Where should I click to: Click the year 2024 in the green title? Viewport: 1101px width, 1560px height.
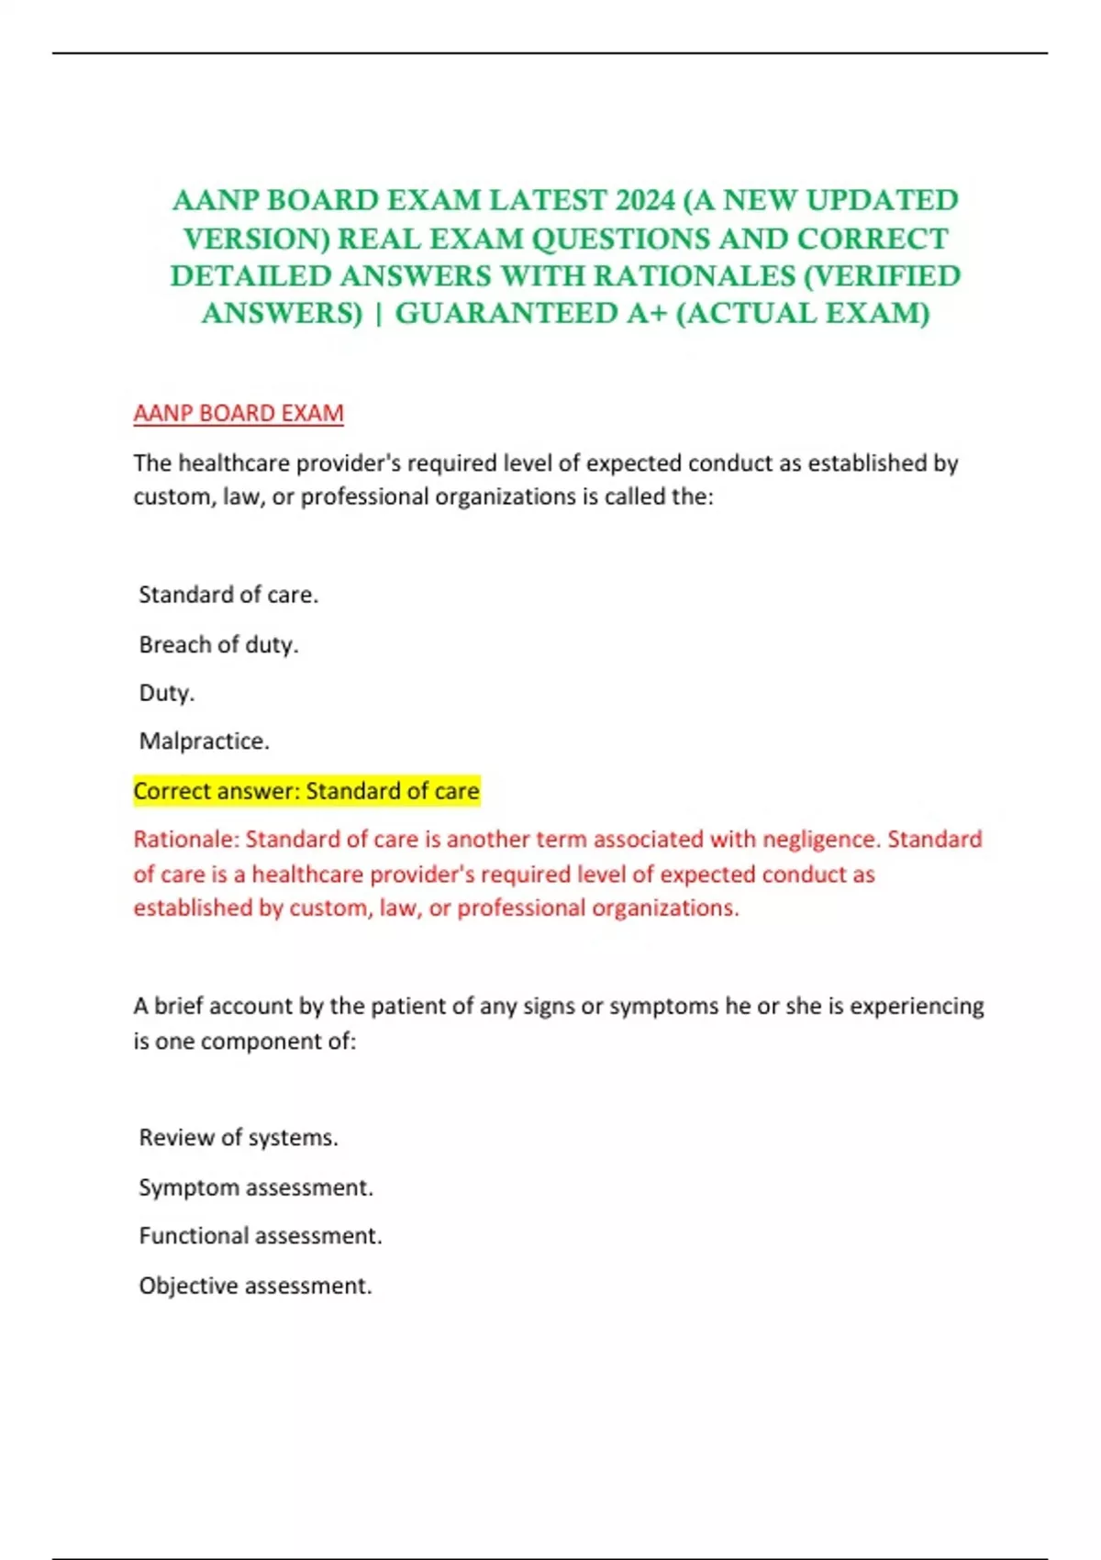click(645, 200)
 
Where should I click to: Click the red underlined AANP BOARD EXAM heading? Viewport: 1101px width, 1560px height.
click(239, 414)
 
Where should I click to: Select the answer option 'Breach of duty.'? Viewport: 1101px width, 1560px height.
click(218, 645)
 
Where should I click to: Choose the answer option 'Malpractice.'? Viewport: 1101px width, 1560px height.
click(204, 741)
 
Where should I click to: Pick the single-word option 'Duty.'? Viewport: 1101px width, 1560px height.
click(167, 693)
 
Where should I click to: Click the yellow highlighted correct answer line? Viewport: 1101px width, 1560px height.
click(306, 791)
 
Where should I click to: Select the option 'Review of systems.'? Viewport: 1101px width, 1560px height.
click(239, 1138)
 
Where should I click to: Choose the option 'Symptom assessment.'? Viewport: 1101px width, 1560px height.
click(256, 1187)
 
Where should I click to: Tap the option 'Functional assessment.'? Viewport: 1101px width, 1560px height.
click(261, 1236)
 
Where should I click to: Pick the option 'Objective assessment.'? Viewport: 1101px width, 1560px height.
click(255, 1286)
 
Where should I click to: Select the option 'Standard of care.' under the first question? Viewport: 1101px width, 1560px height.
click(228, 596)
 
